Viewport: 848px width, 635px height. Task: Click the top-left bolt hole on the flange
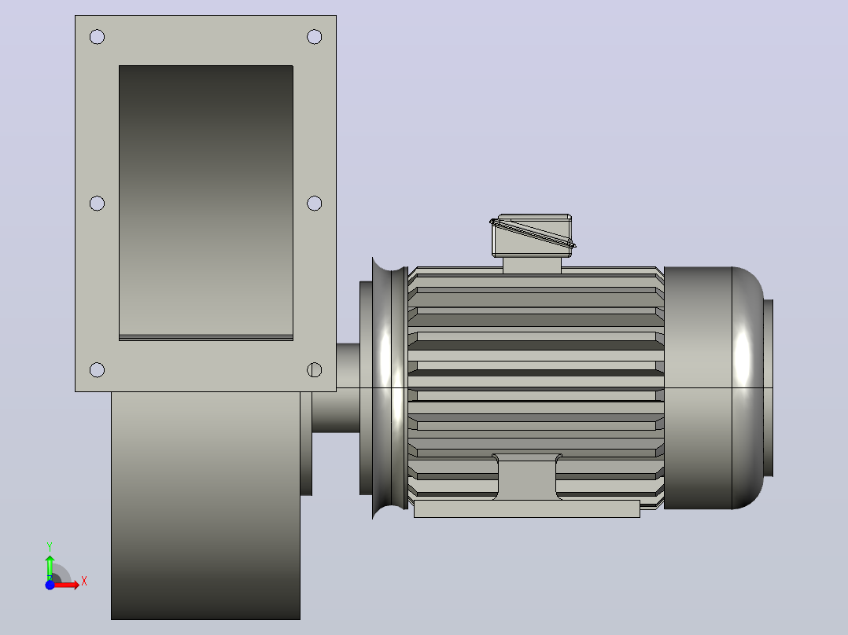coord(97,37)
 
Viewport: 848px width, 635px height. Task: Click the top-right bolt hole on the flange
coord(314,37)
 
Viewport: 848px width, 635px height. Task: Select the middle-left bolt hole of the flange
coord(97,204)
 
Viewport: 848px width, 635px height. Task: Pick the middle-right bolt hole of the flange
coord(314,204)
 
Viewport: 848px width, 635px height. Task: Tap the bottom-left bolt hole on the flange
coord(97,369)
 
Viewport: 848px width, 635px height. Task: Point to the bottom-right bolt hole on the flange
coord(314,369)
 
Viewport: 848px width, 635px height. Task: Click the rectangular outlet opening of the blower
coord(206,203)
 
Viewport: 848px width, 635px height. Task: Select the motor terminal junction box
coord(532,236)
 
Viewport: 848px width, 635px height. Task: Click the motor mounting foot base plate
coord(527,508)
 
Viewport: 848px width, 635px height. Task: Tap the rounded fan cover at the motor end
coord(713,387)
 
